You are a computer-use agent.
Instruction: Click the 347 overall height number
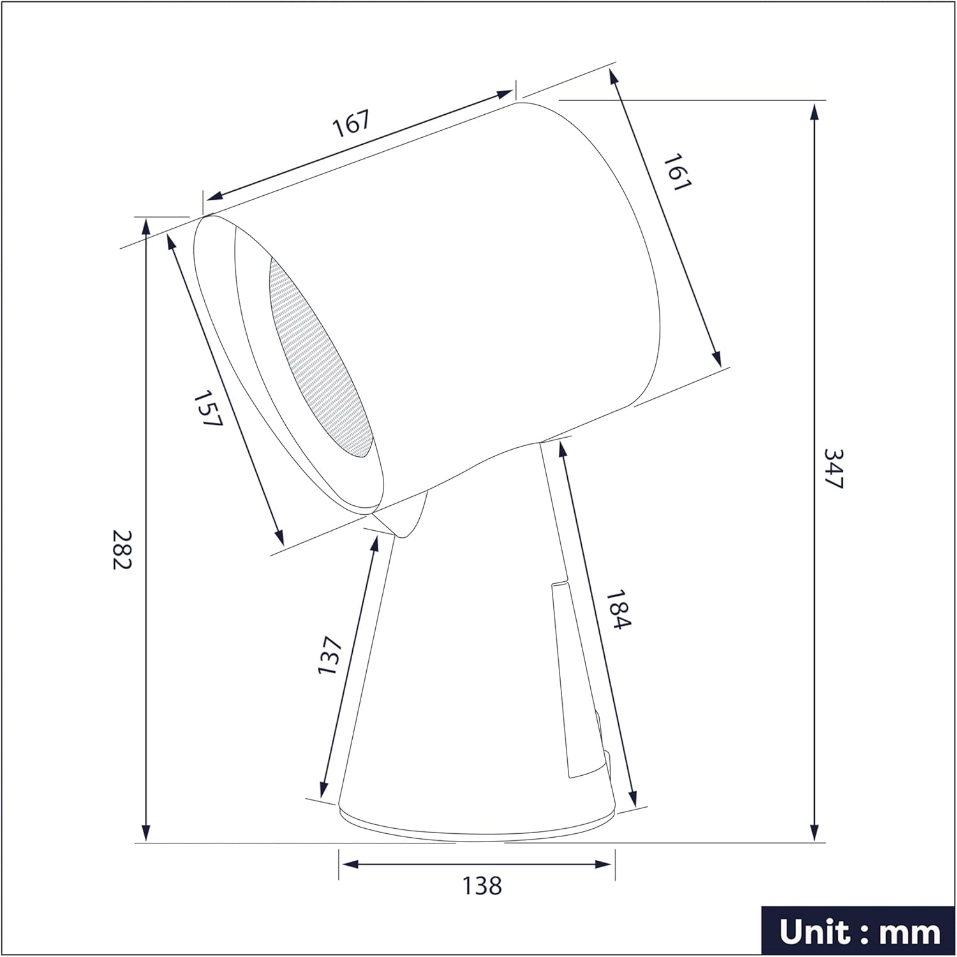coord(834,469)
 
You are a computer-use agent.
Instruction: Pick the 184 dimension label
coord(618,609)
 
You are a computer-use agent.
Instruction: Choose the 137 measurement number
coord(330,655)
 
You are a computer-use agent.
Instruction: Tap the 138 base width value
coord(482,885)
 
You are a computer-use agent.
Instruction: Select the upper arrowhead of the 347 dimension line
coord(815,112)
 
